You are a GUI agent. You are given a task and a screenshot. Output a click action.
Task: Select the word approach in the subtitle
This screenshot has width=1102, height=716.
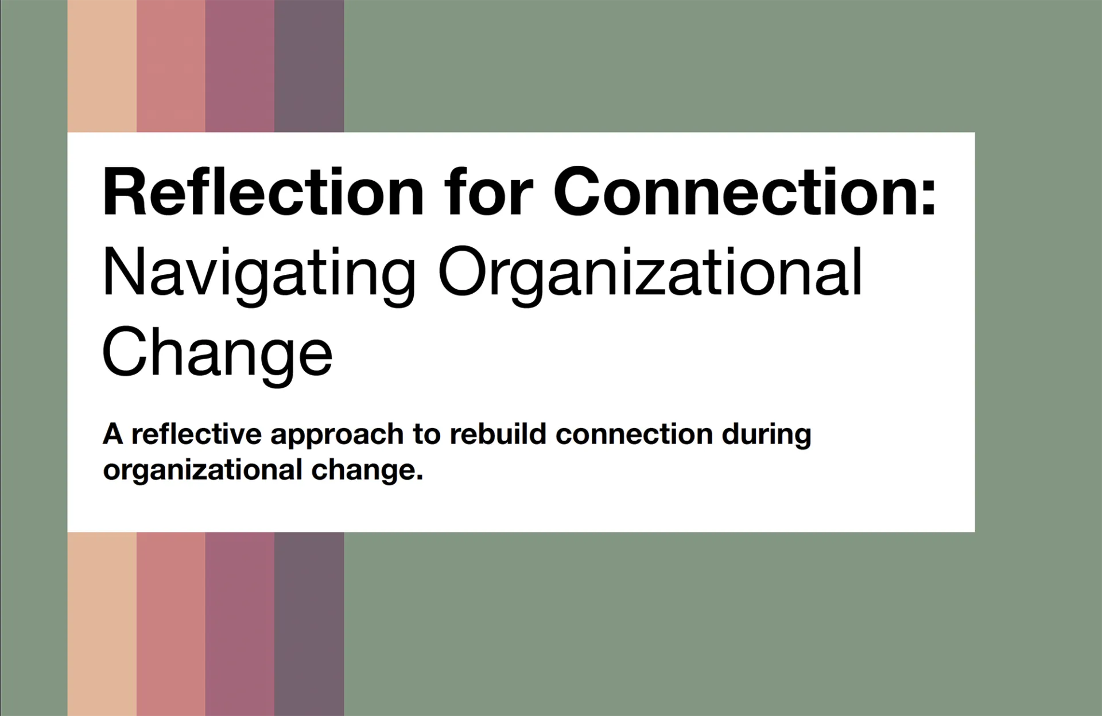point(337,437)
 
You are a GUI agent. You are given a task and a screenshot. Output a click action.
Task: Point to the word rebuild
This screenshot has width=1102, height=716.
point(498,434)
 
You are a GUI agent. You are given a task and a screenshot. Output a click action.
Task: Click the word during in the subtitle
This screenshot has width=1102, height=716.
point(767,437)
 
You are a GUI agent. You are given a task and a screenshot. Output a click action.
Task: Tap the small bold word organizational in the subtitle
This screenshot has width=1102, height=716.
point(203,471)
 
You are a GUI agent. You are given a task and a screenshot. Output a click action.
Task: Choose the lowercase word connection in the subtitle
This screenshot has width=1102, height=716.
point(634,434)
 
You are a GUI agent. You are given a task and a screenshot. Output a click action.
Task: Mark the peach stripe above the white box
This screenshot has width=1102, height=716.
point(102,66)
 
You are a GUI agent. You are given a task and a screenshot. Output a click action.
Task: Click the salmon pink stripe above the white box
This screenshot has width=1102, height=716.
point(171,66)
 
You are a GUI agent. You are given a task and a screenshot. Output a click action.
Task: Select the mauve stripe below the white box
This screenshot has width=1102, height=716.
point(240,624)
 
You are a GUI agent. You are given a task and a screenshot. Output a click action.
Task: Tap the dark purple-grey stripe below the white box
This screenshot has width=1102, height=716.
point(309,624)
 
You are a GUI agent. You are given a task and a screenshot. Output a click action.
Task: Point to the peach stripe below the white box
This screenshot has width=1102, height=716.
point(102,624)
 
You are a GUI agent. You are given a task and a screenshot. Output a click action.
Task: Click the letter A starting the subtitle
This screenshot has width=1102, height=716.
point(113,434)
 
